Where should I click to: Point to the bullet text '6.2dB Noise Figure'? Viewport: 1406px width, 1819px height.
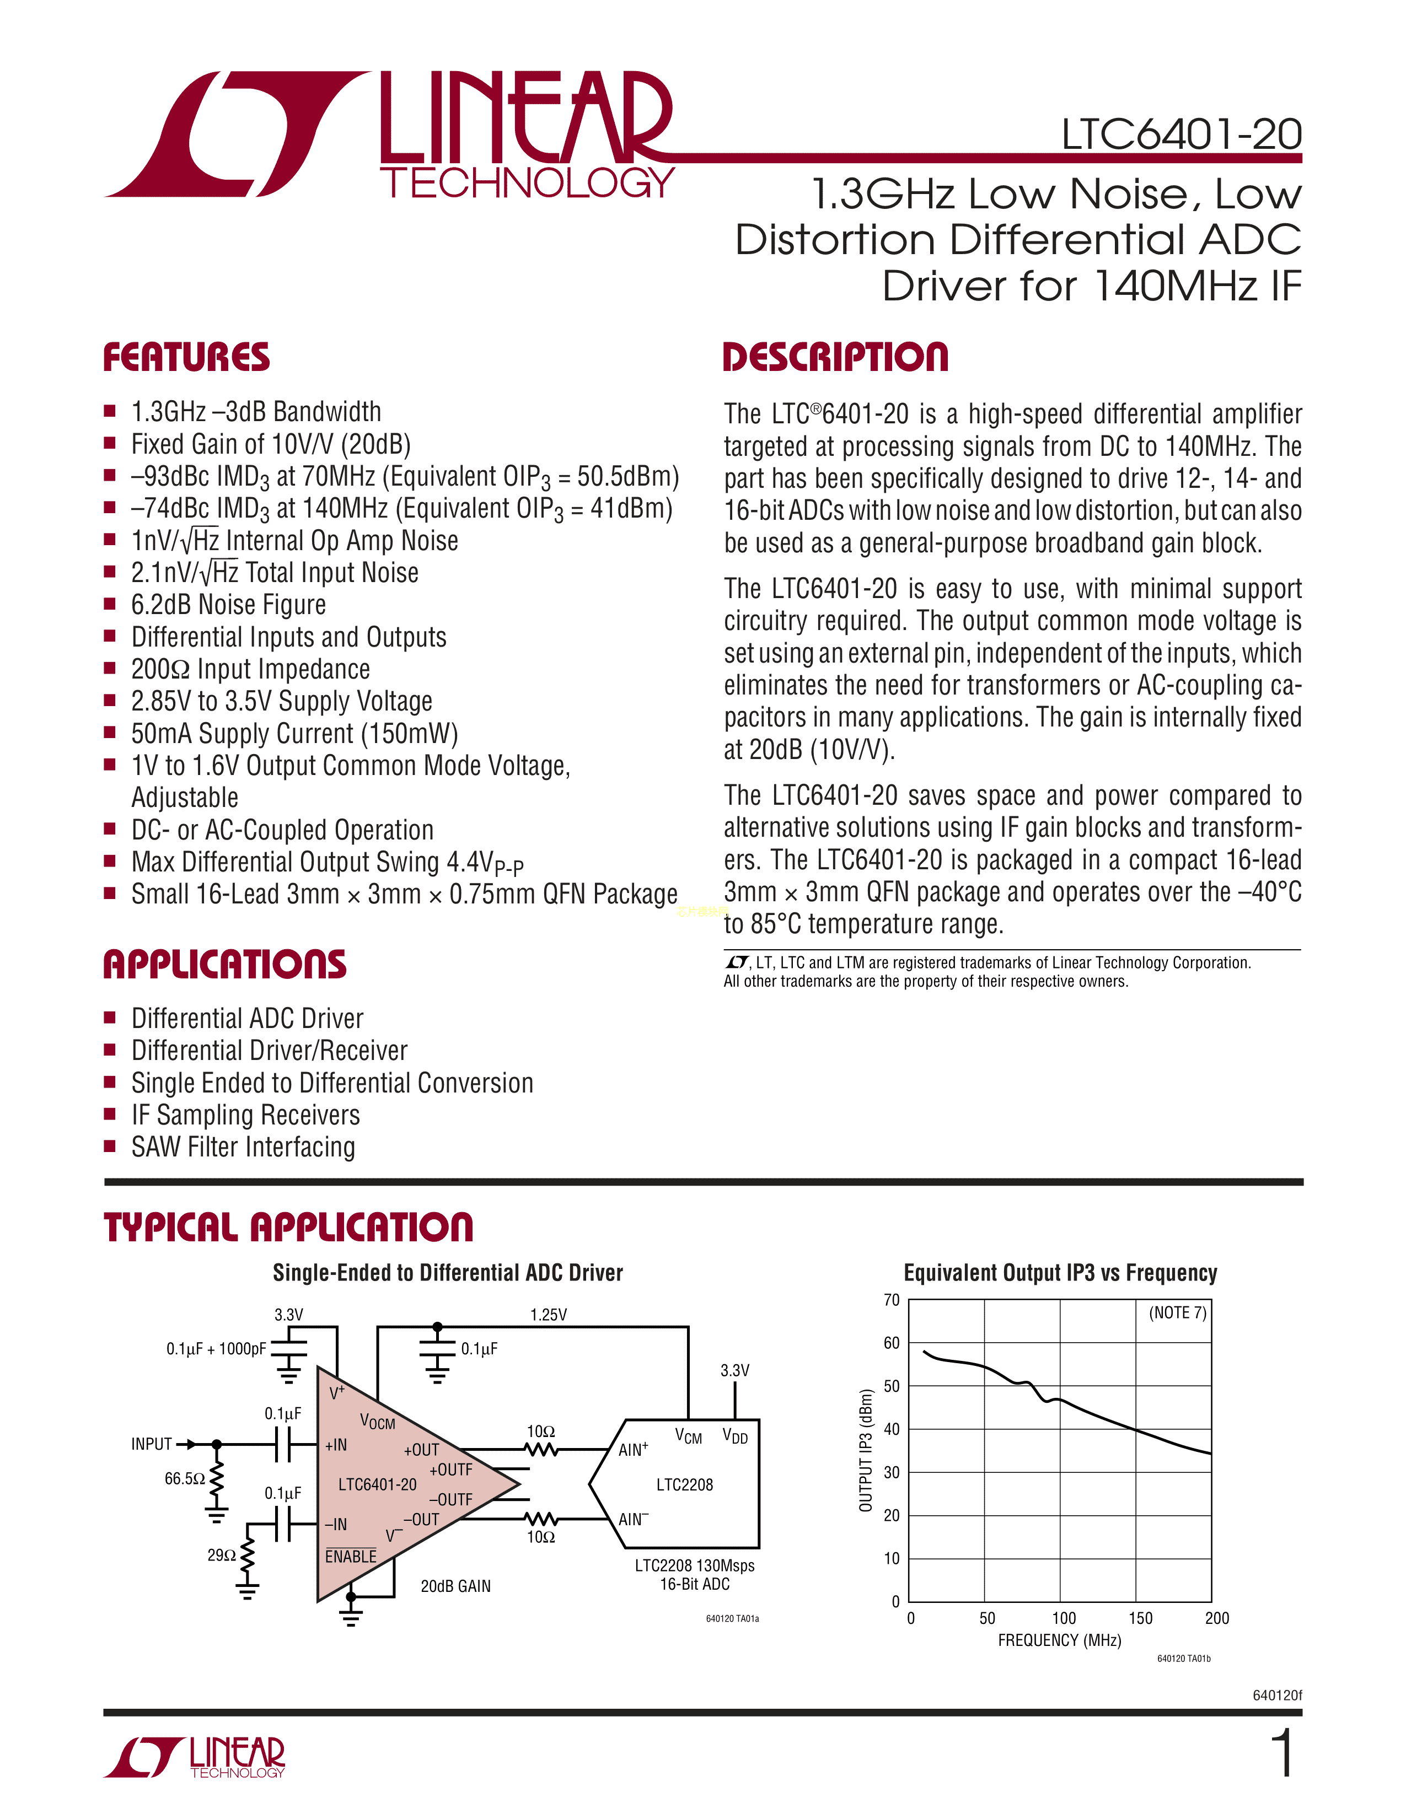228,605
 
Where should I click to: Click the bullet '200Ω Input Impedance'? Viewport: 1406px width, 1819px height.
250,669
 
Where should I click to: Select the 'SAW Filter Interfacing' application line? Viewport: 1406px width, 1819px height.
243,1147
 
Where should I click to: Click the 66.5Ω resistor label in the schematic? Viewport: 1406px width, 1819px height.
184,1478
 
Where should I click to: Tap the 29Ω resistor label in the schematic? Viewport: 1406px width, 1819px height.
222,1554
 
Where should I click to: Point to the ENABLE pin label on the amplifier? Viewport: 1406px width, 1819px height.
351,1557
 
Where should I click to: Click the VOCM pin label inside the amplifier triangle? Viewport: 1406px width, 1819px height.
377,1422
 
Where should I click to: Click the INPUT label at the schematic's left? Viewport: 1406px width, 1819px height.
152,1444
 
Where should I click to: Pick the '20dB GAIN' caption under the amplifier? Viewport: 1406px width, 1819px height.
455,1586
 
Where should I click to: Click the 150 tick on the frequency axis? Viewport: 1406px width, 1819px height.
1140,1617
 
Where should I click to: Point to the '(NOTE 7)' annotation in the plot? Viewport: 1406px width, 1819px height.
1177,1312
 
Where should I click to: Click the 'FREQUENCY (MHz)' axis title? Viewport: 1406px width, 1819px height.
1060,1640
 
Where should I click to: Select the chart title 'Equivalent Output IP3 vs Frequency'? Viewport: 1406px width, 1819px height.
1060,1273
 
